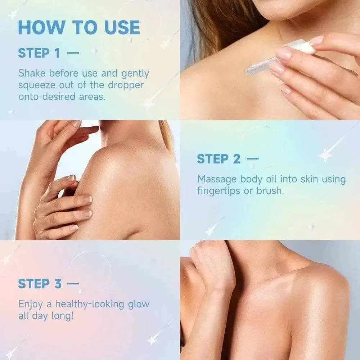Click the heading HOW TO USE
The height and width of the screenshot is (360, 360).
79,28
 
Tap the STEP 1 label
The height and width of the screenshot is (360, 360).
39,53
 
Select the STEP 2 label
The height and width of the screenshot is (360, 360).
219,159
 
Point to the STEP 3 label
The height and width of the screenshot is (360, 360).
40,284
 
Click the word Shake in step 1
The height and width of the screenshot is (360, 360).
32,73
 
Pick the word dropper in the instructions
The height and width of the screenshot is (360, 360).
126,85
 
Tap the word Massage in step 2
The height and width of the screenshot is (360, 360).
217,180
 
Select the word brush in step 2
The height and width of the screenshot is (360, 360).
270,190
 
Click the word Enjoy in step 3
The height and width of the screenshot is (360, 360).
31,305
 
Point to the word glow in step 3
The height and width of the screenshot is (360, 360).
139,305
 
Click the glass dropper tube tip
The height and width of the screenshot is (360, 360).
246,72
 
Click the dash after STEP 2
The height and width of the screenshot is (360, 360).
252,158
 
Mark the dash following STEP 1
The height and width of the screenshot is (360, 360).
73,53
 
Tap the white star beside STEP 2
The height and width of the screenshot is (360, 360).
325,156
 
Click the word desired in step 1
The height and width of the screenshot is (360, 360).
59,96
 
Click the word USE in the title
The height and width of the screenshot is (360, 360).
122,28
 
